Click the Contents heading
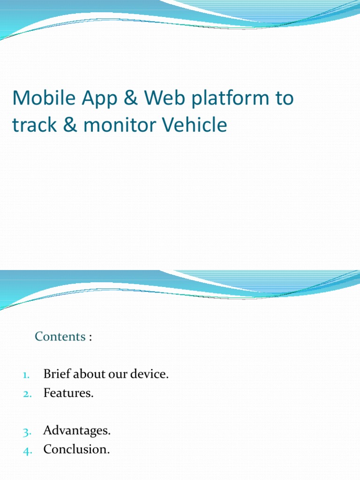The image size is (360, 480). point(60,337)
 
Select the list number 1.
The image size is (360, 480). point(26,375)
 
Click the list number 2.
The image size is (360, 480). point(26,394)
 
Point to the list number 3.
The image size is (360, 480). point(26,431)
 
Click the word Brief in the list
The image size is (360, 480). point(55,375)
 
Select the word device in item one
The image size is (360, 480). point(150,375)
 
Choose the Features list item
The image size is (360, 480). point(68,393)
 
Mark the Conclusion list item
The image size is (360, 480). point(76,450)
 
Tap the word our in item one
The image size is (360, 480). point(119,375)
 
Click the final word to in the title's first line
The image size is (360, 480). point(284,98)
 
